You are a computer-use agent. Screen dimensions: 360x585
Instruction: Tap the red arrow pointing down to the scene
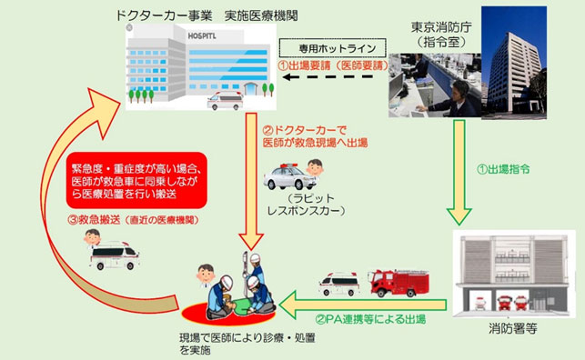tap(248, 182)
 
